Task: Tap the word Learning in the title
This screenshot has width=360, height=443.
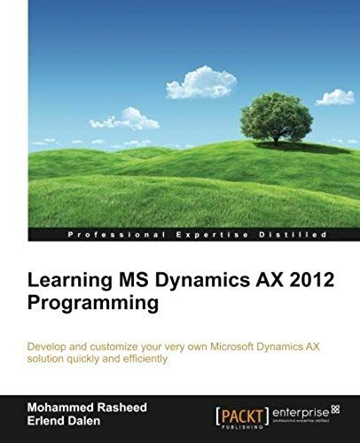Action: pos(65,282)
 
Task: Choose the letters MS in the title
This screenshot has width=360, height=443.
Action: pos(122,282)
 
